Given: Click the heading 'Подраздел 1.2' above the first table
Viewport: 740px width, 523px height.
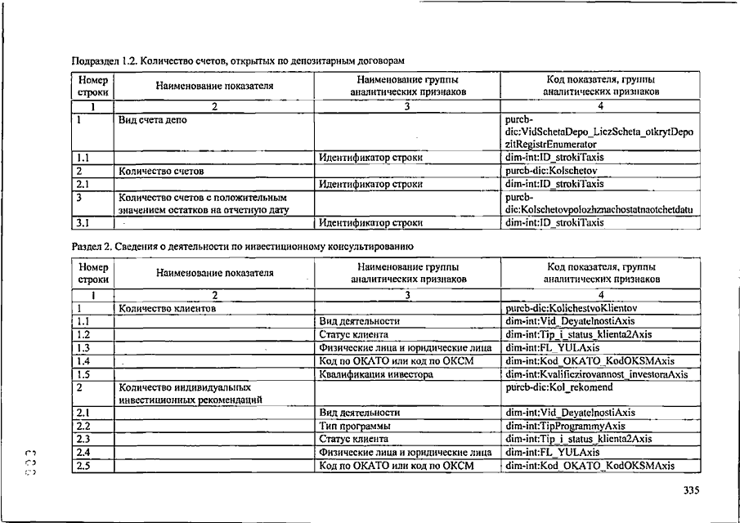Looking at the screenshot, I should click(x=238, y=62).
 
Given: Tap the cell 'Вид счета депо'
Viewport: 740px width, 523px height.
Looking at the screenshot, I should click(x=153, y=119).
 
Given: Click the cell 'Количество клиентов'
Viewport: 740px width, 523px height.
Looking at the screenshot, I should click(x=167, y=309).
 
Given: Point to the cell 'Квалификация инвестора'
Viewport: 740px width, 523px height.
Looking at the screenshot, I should click(x=375, y=374).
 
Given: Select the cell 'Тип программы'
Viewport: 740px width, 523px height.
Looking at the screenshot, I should click(x=354, y=426).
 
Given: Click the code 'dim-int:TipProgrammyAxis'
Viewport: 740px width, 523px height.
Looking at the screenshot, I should click(x=565, y=426).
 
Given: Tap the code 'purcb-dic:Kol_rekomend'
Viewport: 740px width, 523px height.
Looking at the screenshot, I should click(x=558, y=387).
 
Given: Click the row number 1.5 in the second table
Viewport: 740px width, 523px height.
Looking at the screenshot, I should click(x=83, y=374).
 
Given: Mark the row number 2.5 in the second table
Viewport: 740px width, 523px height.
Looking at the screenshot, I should click(x=83, y=465).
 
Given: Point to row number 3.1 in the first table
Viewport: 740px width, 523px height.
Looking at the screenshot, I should click(x=83, y=222).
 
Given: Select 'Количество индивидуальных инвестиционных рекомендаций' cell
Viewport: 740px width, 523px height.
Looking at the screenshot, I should click(x=189, y=393).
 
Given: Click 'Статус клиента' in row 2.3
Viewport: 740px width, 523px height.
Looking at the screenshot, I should click(x=354, y=439).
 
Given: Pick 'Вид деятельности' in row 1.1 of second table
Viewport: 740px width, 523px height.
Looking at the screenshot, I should click(x=360, y=322).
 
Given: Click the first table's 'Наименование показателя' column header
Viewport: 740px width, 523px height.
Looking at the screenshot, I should click(x=215, y=86).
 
